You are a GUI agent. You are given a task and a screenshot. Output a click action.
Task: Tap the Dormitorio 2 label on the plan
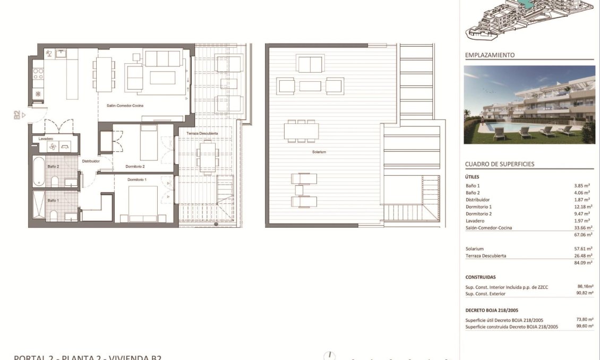tap(135, 166)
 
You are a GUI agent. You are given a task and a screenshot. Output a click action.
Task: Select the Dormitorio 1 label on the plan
tap(138, 180)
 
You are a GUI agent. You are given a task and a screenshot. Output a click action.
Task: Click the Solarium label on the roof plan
tap(319, 152)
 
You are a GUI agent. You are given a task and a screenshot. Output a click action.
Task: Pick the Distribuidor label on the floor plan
tap(91, 161)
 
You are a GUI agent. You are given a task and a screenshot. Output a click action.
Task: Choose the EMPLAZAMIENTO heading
tap(490, 55)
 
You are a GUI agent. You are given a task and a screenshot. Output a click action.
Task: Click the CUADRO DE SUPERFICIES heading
tap(500, 165)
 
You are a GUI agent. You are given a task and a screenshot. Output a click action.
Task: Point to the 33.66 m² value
tap(583, 227)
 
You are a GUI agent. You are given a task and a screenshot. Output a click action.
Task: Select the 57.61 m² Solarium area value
tap(583, 248)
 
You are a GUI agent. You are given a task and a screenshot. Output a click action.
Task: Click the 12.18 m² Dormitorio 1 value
tap(583, 207)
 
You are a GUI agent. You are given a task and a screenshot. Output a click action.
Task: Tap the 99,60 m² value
tap(585, 327)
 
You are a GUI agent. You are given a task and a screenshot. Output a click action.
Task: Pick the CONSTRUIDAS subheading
tap(481, 277)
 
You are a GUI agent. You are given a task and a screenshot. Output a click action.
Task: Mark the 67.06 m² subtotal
tap(583, 234)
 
